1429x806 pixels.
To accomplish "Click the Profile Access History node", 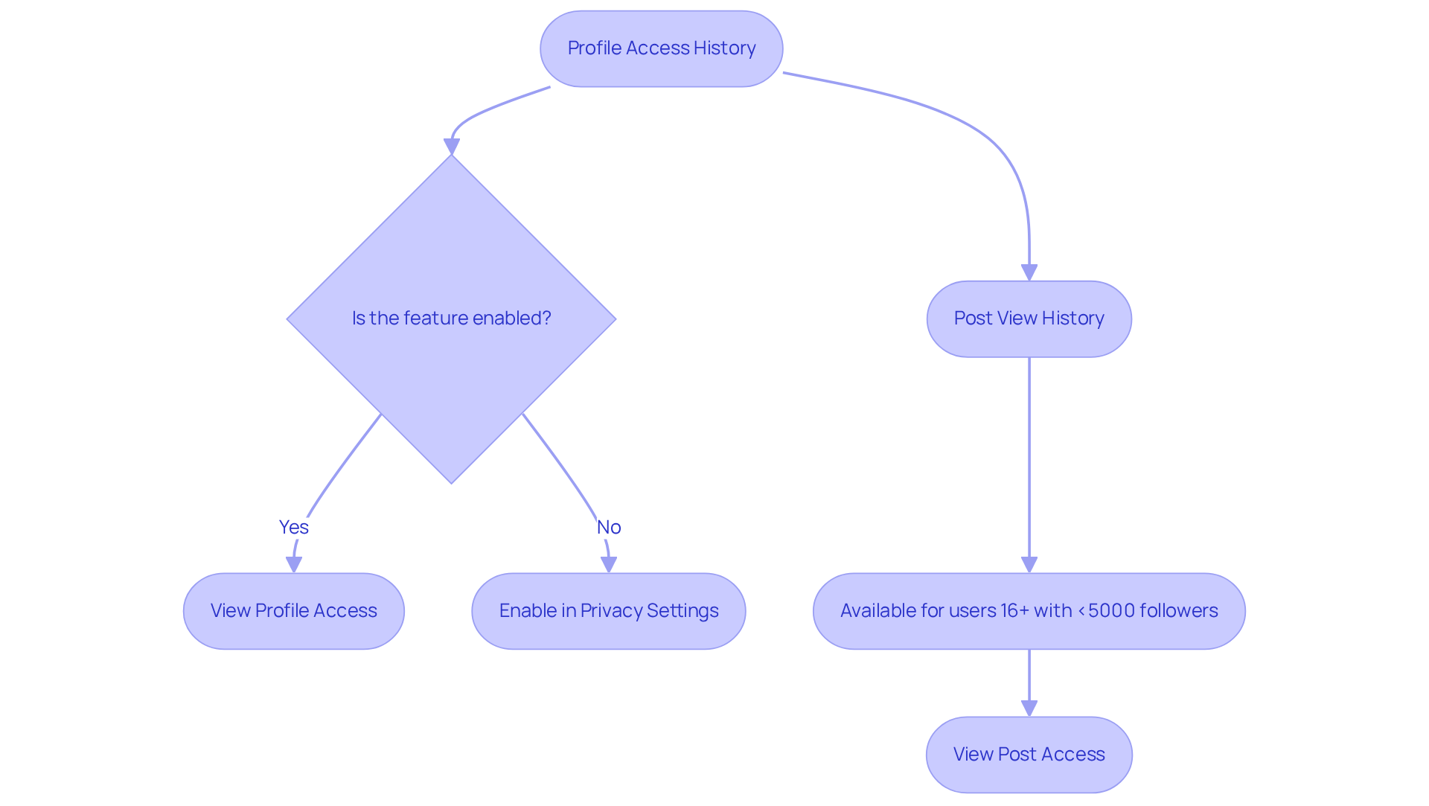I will coord(661,48).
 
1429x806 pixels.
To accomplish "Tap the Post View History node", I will coord(1029,319).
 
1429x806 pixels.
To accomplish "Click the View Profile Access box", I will coord(293,611).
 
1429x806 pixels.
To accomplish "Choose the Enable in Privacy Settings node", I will coord(608,611).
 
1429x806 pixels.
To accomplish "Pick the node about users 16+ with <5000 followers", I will coord(1029,611).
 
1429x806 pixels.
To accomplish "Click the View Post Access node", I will coord(1029,755).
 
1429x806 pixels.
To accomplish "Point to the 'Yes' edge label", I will coord(293,527).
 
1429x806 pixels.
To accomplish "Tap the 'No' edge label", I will coord(609,527).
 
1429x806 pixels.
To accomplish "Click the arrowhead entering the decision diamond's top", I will coord(451,146).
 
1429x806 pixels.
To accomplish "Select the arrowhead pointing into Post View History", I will coord(1029,272).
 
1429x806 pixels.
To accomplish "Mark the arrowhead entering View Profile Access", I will coord(294,564).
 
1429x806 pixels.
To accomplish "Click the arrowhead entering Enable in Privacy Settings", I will coord(609,564).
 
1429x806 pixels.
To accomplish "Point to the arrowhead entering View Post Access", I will coord(1029,708).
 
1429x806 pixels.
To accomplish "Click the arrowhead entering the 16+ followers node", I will coord(1029,564).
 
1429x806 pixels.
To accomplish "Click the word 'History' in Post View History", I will coord(1072,319).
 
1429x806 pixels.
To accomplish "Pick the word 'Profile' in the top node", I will coord(595,48).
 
